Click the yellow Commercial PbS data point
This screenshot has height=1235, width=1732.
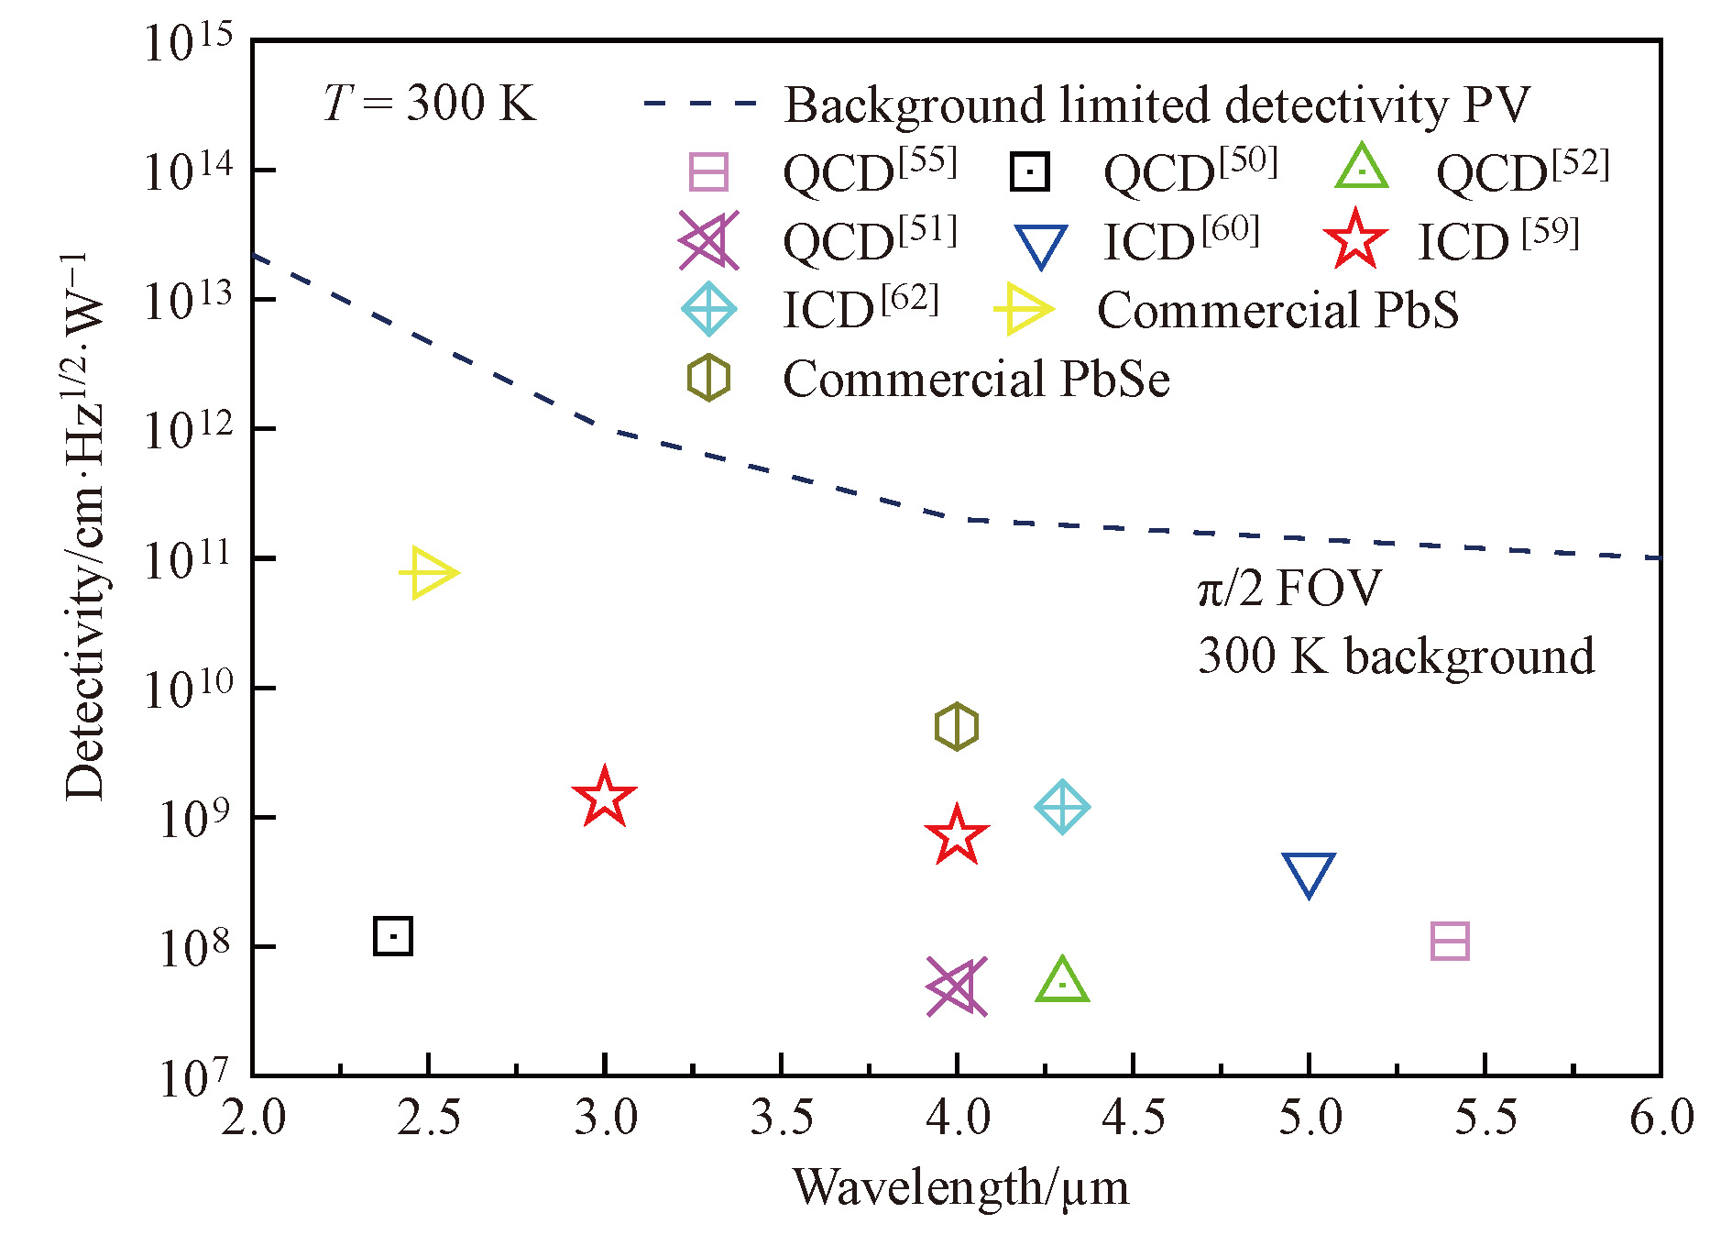tap(427, 573)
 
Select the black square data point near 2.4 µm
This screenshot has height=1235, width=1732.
tap(393, 936)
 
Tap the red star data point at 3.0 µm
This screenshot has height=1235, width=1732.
tap(604, 798)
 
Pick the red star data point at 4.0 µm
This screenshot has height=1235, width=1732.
tap(957, 836)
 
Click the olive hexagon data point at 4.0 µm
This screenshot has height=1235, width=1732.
tap(957, 727)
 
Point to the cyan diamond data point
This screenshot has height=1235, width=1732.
tap(1062, 808)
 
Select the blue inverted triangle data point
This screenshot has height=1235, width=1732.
tap(1309, 874)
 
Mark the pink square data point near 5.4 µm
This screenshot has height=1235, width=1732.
tap(1450, 942)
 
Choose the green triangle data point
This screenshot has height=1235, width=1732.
tap(1062, 981)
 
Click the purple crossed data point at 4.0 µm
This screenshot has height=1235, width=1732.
tap(957, 987)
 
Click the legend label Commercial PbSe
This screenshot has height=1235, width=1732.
tap(976, 379)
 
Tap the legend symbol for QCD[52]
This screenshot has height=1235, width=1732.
tap(1362, 169)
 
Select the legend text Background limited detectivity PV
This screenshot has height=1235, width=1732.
tap(1156, 105)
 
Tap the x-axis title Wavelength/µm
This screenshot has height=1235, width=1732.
tap(960, 1187)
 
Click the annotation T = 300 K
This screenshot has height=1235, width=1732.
tap(429, 103)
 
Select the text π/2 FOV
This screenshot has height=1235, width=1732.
tap(1288, 588)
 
